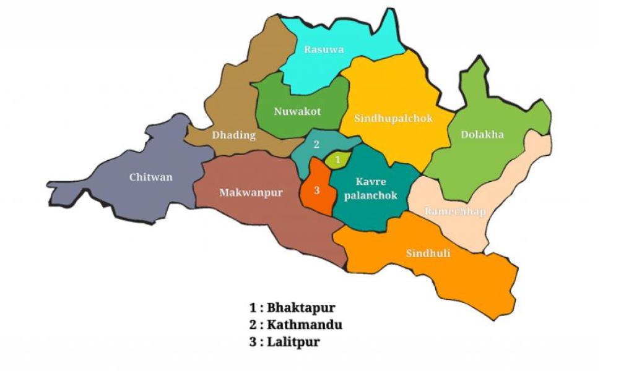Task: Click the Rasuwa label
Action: pyautogui.click(x=323, y=49)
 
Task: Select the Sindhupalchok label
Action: pyautogui.click(x=393, y=117)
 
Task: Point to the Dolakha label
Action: pyautogui.click(x=482, y=134)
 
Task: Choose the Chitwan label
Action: pyautogui.click(x=151, y=177)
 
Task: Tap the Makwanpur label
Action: pyautogui.click(x=251, y=192)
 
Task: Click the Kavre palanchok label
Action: pyautogui.click(x=371, y=188)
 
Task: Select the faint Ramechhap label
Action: pyautogui.click(x=455, y=211)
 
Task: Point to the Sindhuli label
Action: pyautogui.click(x=428, y=254)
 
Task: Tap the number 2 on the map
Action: pyautogui.click(x=316, y=145)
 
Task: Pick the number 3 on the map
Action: pyautogui.click(x=316, y=190)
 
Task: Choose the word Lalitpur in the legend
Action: pyautogui.click(x=293, y=342)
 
